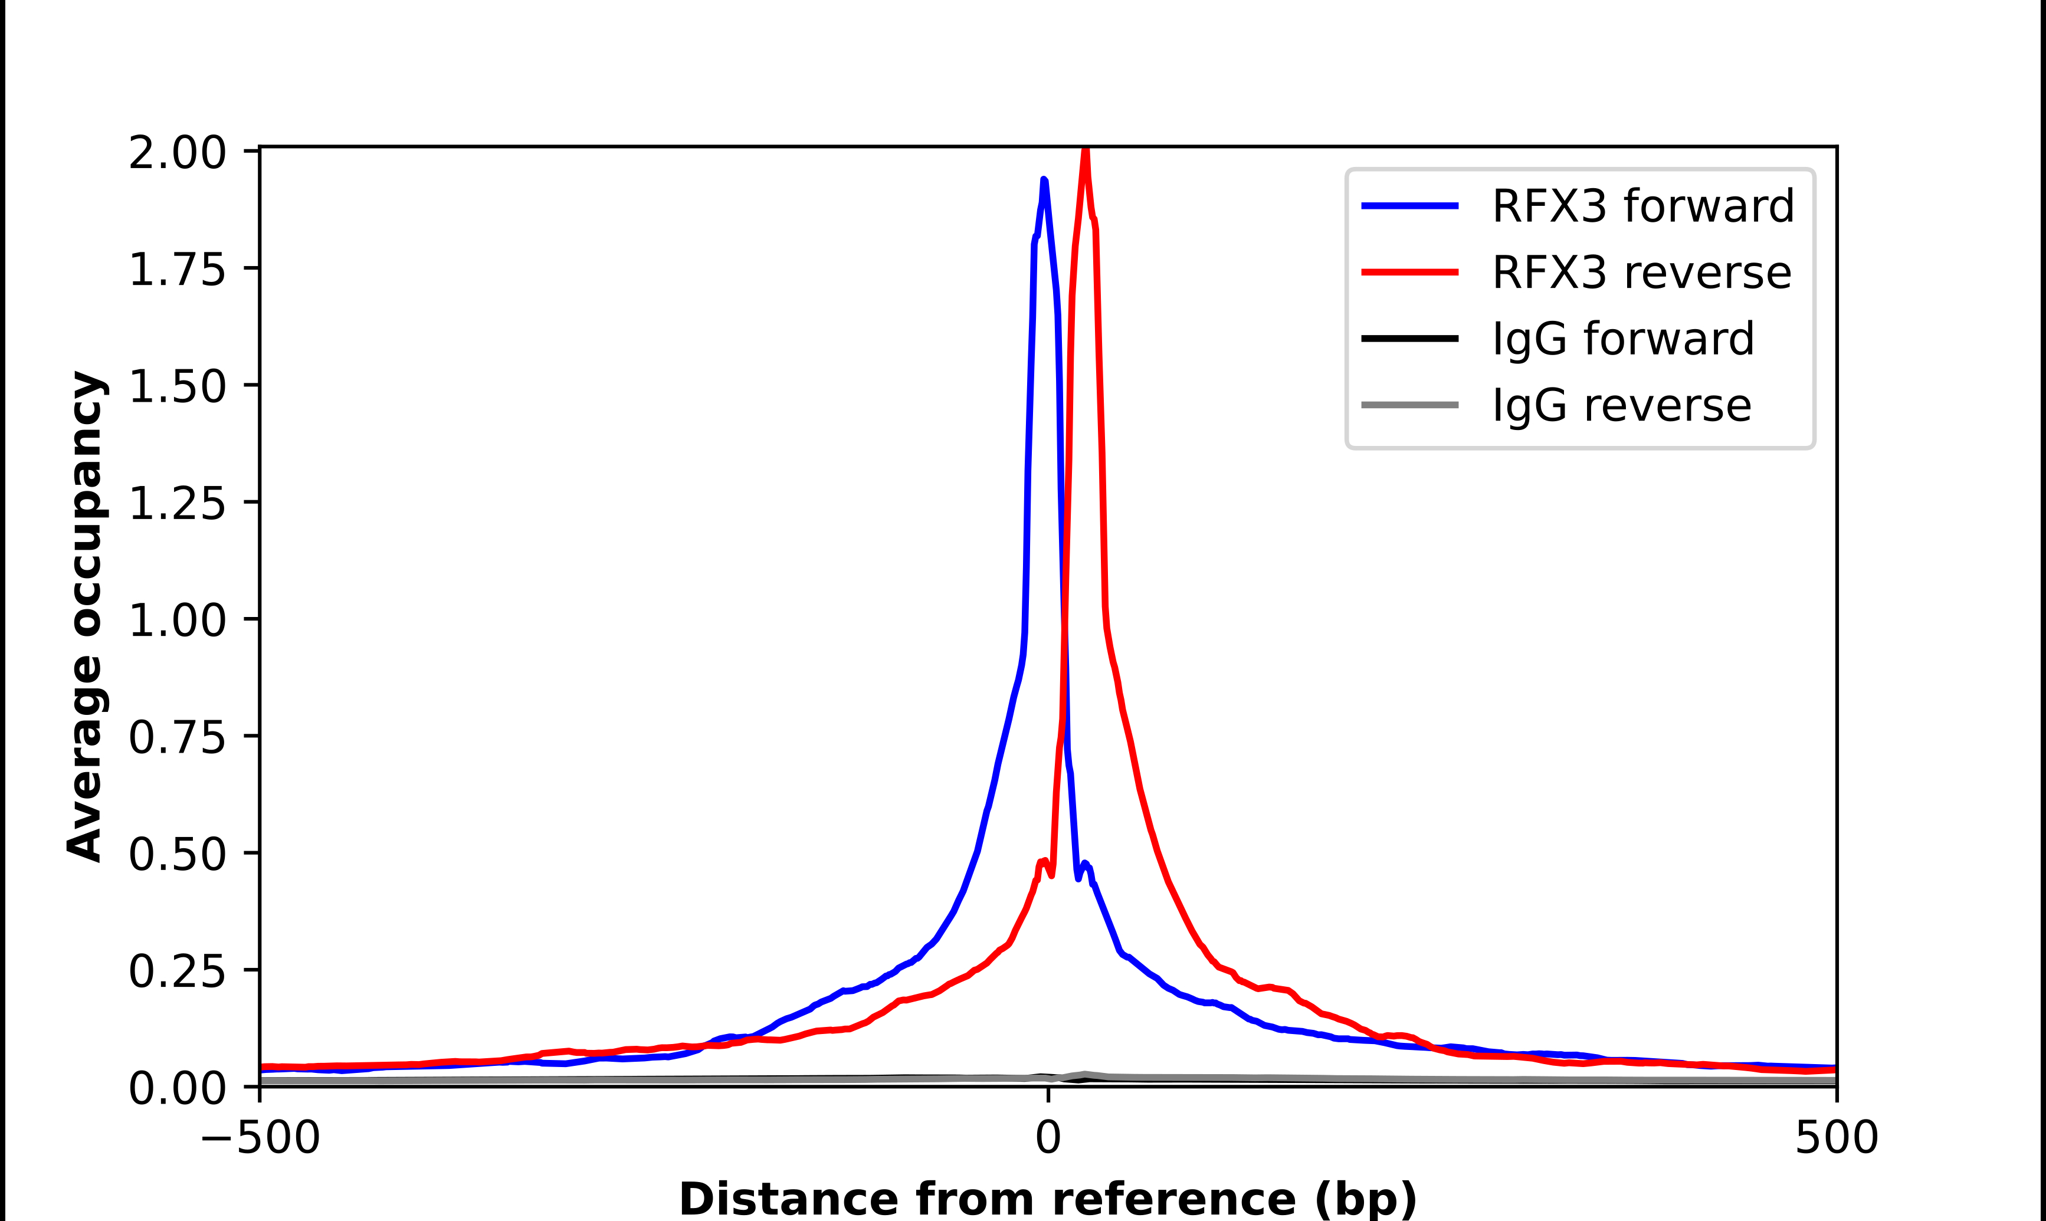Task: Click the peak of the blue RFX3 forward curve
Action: [x=1044, y=180]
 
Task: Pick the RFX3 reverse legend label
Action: [x=1641, y=273]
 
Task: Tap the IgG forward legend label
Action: [x=1623, y=339]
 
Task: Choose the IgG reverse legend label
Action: [x=1621, y=406]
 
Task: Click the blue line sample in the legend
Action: [x=1410, y=206]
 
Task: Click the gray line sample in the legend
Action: [x=1410, y=405]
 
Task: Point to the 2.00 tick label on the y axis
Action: [x=177, y=153]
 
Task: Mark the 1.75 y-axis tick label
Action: [x=177, y=270]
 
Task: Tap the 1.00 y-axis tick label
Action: [x=177, y=621]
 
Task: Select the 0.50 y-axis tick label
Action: [x=177, y=854]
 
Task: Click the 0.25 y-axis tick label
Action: [x=177, y=971]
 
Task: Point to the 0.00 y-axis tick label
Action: [x=177, y=1088]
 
